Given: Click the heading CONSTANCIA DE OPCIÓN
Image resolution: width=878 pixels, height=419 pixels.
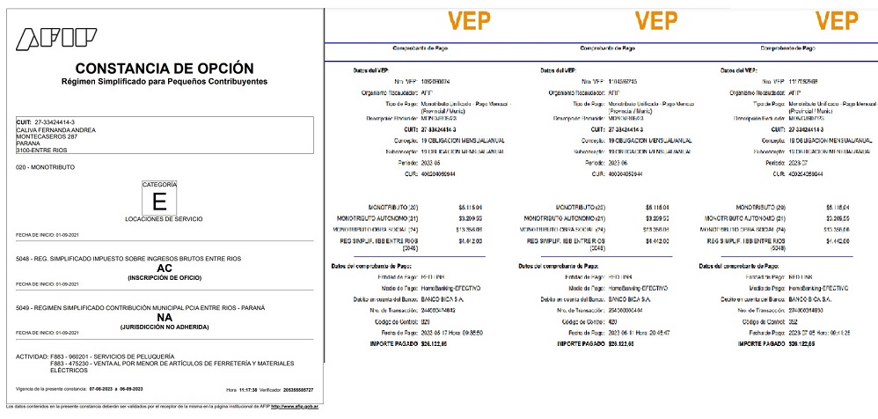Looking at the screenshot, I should (x=165, y=68).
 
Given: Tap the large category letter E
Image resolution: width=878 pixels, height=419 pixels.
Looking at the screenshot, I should (x=159, y=201).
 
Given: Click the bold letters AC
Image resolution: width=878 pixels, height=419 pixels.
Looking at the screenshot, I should (x=164, y=268).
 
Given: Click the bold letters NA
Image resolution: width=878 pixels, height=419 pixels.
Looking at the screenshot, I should (x=164, y=319).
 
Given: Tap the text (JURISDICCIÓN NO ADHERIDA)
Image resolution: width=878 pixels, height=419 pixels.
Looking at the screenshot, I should (x=164, y=327).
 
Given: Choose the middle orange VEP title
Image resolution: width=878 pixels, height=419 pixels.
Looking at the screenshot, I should (x=655, y=20).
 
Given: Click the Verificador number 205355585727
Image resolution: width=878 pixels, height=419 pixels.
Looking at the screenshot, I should (x=295, y=389).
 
